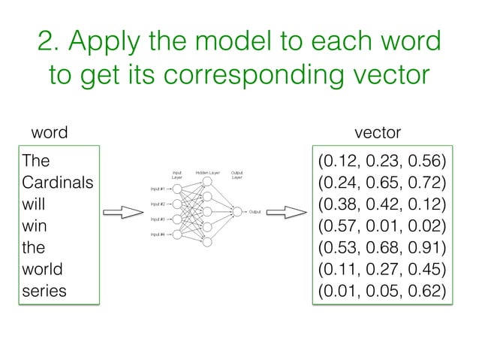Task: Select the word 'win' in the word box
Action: (x=35, y=225)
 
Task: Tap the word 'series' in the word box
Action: (x=44, y=290)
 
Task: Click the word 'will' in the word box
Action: (x=33, y=204)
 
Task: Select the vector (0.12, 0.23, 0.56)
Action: (x=382, y=162)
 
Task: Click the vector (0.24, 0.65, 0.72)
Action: (x=382, y=183)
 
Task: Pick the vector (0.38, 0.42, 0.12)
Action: (x=382, y=204)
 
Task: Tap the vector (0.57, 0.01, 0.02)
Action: (x=382, y=225)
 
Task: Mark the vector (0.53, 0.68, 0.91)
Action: (x=382, y=247)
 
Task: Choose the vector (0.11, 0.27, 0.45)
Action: (x=382, y=268)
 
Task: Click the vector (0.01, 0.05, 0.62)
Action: (x=382, y=290)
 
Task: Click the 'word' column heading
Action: (x=48, y=133)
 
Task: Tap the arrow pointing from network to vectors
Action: (x=286, y=211)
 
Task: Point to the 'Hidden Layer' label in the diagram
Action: (x=206, y=173)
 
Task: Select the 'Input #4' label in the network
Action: (x=157, y=234)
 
